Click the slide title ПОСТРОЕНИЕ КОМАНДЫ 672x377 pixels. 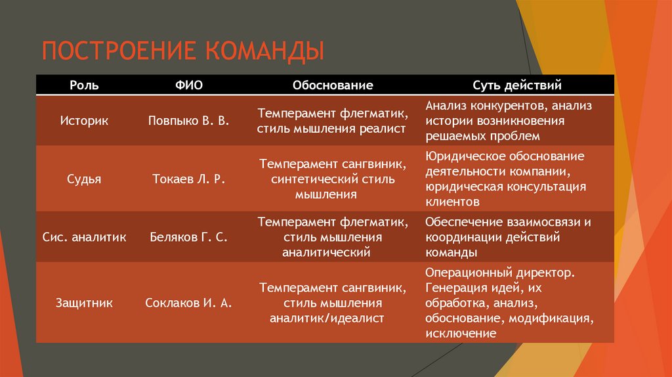coord(184,51)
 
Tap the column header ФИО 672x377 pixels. coord(188,85)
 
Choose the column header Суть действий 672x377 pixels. coord(517,85)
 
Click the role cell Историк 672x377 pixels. coord(84,122)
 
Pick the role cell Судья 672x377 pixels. coord(84,178)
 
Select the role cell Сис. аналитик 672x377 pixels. coord(84,236)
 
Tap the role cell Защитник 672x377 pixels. coord(84,303)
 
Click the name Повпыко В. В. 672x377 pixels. coord(188,122)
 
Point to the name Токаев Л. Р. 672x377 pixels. coord(188,178)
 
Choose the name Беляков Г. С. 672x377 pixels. coord(188,236)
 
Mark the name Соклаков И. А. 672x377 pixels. coord(188,303)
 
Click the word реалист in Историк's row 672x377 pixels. coord(383,129)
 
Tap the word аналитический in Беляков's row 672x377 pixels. coord(326,252)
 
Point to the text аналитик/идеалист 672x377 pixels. coord(326,318)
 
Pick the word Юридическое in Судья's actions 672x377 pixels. coord(459,156)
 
